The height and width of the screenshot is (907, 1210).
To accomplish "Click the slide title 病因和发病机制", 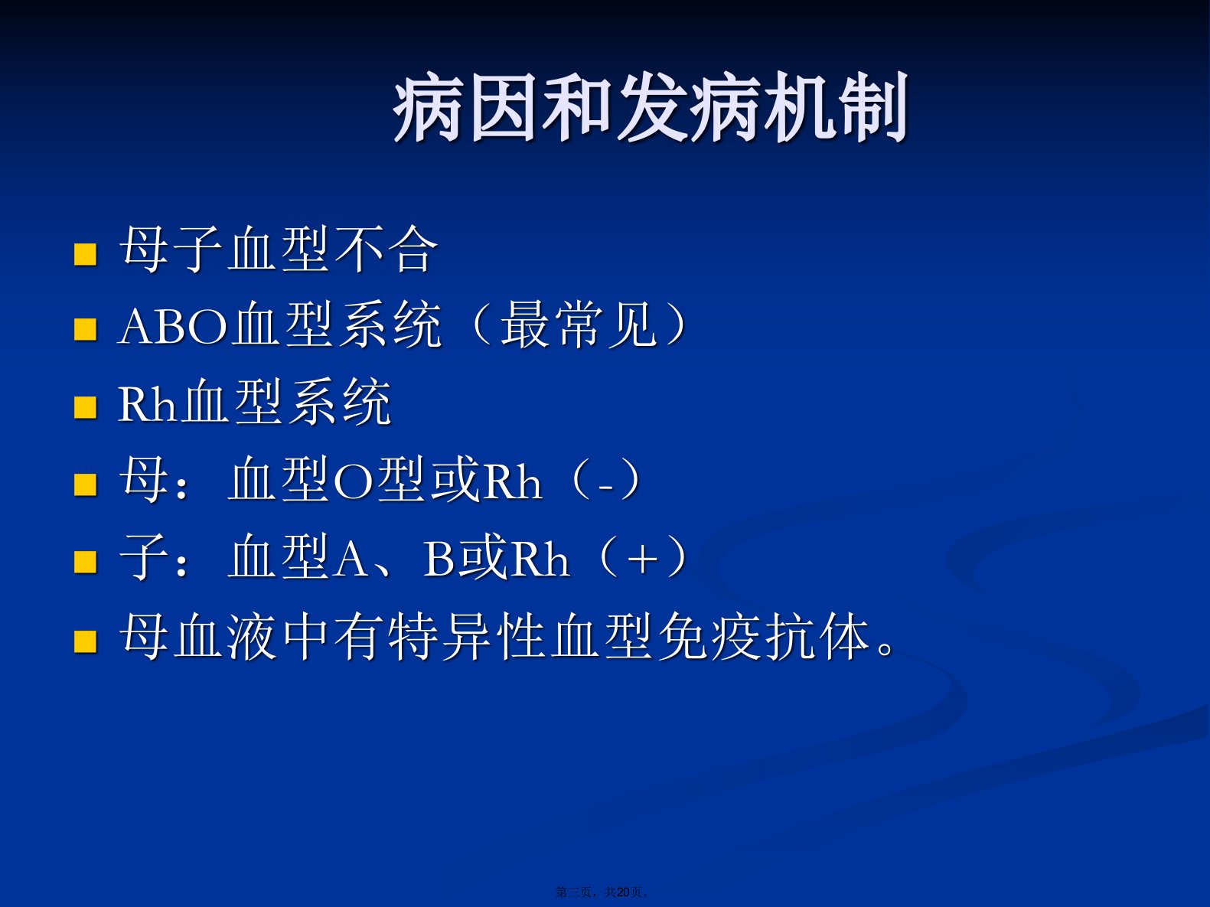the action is click(x=651, y=106).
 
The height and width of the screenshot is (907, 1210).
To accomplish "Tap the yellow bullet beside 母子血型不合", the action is click(x=86, y=255).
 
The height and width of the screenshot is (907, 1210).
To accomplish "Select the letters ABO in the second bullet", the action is click(x=173, y=327).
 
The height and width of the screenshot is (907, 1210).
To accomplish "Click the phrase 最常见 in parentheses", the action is click(x=579, y=325).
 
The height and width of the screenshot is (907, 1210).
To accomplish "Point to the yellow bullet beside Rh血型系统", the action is click(x=86, y=408).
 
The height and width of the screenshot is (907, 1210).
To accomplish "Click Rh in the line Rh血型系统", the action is click(x=147, y=404).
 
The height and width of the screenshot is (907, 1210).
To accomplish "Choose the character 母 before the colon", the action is click(x=143, y=478).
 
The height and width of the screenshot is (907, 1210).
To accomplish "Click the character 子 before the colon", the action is click(x=143, y=556).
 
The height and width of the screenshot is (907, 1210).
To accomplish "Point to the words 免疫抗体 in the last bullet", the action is click(x=764, y=637).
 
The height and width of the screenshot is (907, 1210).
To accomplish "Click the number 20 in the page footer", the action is click(x=624, y=892).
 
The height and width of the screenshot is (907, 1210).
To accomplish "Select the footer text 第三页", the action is click(x=573, y=892).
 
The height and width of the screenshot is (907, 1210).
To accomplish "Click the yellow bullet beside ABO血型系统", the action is click(x=86, y=330).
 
